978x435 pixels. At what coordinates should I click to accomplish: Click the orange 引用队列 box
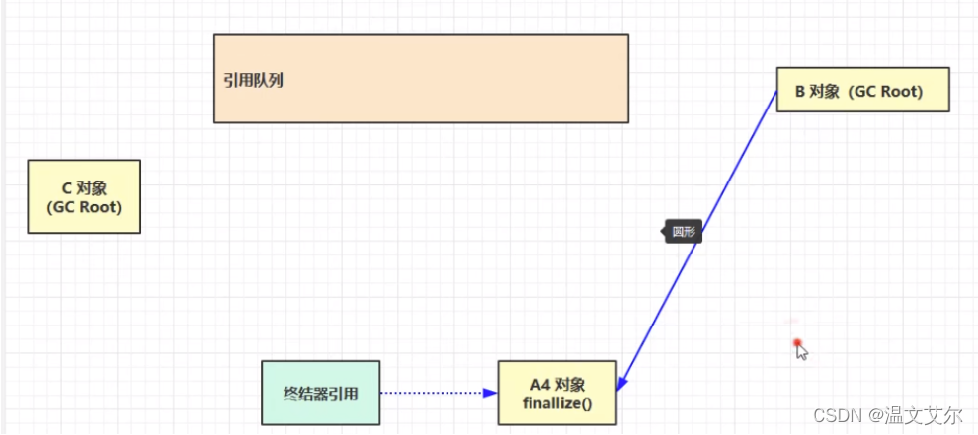(421, 78)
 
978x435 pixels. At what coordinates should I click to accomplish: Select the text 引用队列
(254, 80)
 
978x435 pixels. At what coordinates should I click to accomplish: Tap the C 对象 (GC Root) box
(84, 196)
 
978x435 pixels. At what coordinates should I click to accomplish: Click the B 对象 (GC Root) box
(862, 90)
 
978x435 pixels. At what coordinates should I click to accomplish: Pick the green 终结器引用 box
(320, 393)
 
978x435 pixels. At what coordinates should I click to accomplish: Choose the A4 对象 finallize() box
(557, 393)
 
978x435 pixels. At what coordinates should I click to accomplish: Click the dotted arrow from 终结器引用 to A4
(435, 393)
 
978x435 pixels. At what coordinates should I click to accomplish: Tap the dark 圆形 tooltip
(684, 233)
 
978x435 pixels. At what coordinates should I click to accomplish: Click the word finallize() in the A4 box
(557, 402)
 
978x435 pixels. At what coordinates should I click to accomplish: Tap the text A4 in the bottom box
(541, 384)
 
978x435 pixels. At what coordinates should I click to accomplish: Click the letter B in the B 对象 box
(800, 92)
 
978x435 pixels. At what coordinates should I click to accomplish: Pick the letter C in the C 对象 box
(65, 188)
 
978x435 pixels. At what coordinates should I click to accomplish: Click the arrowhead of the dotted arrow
(490, 393)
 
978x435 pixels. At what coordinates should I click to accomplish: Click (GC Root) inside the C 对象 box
(84, 207)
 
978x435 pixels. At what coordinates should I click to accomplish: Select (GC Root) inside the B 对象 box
(887, 92)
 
